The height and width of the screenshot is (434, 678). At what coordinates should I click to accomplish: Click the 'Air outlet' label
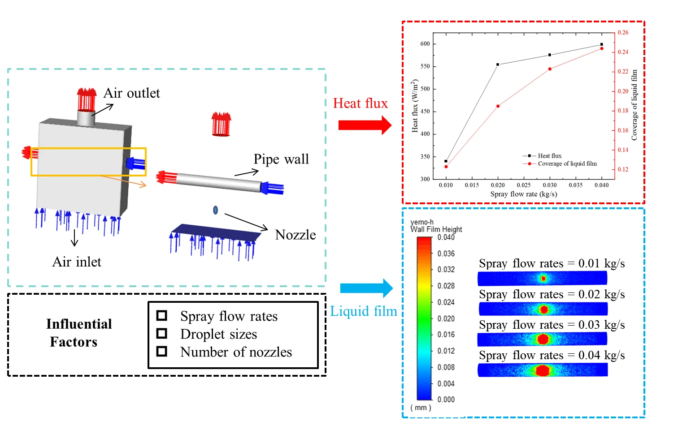click(131, 93)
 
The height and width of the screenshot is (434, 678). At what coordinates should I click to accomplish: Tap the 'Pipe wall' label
click(281, 159)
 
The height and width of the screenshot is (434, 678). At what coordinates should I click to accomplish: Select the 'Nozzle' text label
click(295, 235)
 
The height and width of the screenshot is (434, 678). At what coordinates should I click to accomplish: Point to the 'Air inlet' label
click(77, 262)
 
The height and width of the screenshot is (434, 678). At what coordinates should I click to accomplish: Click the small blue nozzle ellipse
click(216, 210)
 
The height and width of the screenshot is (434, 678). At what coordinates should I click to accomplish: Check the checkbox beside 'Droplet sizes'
click(162, 334)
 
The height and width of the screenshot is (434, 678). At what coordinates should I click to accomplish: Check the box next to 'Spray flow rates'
click(162, 316)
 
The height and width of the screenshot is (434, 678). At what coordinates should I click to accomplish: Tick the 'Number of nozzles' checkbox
click(162, 352)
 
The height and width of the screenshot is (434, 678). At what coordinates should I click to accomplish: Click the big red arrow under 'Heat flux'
click(365, 125)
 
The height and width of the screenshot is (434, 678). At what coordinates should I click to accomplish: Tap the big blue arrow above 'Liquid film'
click(366, 288)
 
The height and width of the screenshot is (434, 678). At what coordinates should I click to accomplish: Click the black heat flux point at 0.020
click(498, 64)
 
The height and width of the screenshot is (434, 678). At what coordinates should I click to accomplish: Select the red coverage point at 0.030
click(550, 69)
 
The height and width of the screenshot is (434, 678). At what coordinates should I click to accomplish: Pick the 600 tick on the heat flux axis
click(425, 44)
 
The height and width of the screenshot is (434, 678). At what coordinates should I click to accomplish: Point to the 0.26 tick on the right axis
click(623, 33)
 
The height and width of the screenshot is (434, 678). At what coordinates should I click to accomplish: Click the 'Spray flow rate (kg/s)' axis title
click(523, 194)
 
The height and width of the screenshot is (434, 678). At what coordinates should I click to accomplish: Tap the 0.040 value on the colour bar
click(446, 237)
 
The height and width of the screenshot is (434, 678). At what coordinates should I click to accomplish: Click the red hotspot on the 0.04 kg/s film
click(543, 370)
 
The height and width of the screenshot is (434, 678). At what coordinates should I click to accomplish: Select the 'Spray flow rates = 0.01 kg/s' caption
click(552, 264)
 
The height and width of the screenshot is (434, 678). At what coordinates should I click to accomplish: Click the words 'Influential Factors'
click(78, 333)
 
